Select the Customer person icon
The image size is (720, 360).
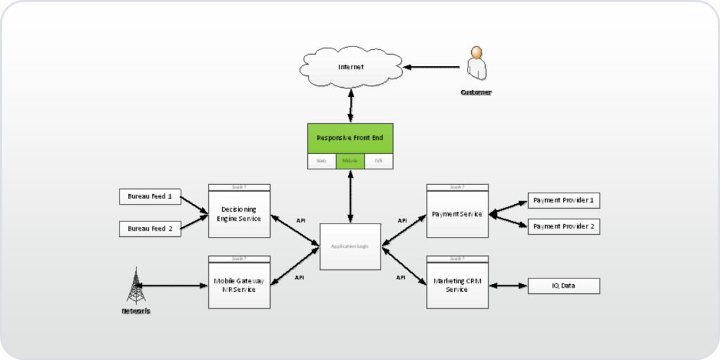point(476,65)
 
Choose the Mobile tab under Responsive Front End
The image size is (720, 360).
point(350,161)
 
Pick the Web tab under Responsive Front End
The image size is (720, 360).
point(321,161)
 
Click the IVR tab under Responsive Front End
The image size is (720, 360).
point(378,161)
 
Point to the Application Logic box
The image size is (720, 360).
point(350,247)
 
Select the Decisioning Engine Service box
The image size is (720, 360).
point(239,214)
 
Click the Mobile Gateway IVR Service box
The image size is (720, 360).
point(239,285)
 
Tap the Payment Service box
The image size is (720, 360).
point(457,214)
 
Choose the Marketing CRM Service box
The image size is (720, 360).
point(457,285)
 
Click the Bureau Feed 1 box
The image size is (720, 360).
point(150,196)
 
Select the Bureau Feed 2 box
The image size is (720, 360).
point(150,229)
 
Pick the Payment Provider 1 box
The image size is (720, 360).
point(564,201)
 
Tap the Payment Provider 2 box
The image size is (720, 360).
point(564,227)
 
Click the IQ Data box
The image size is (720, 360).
point(564,286)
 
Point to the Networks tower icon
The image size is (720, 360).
point(136,286)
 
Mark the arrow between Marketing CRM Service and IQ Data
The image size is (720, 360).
point(508,286)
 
